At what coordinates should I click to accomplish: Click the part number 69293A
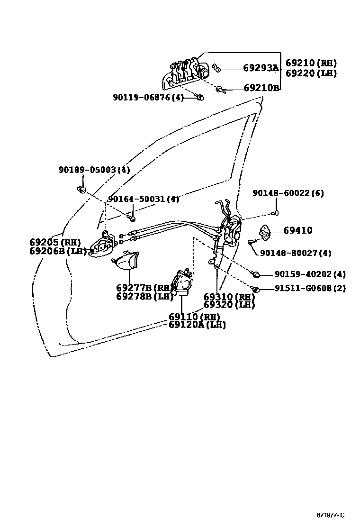tap(261, 68)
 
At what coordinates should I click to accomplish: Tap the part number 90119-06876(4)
tap(148, 97)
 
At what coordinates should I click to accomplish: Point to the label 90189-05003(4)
tap(94, 170)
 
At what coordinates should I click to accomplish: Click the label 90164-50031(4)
tap(144, 199)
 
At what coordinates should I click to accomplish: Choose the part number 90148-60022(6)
tap(288, 193)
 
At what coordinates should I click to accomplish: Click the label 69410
tap(298, 231)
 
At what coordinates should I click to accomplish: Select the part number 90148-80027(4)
tap(296, 253)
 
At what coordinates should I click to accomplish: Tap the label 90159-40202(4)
tap(310, 274)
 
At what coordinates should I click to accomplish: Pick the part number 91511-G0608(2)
tap(310, 288)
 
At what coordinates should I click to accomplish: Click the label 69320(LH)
tap(229, 305)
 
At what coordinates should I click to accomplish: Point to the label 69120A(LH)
tap(197, 325)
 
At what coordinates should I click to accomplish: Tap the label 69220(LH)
tap(311, 73)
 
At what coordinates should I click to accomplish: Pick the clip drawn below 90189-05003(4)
tap(81, 190)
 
